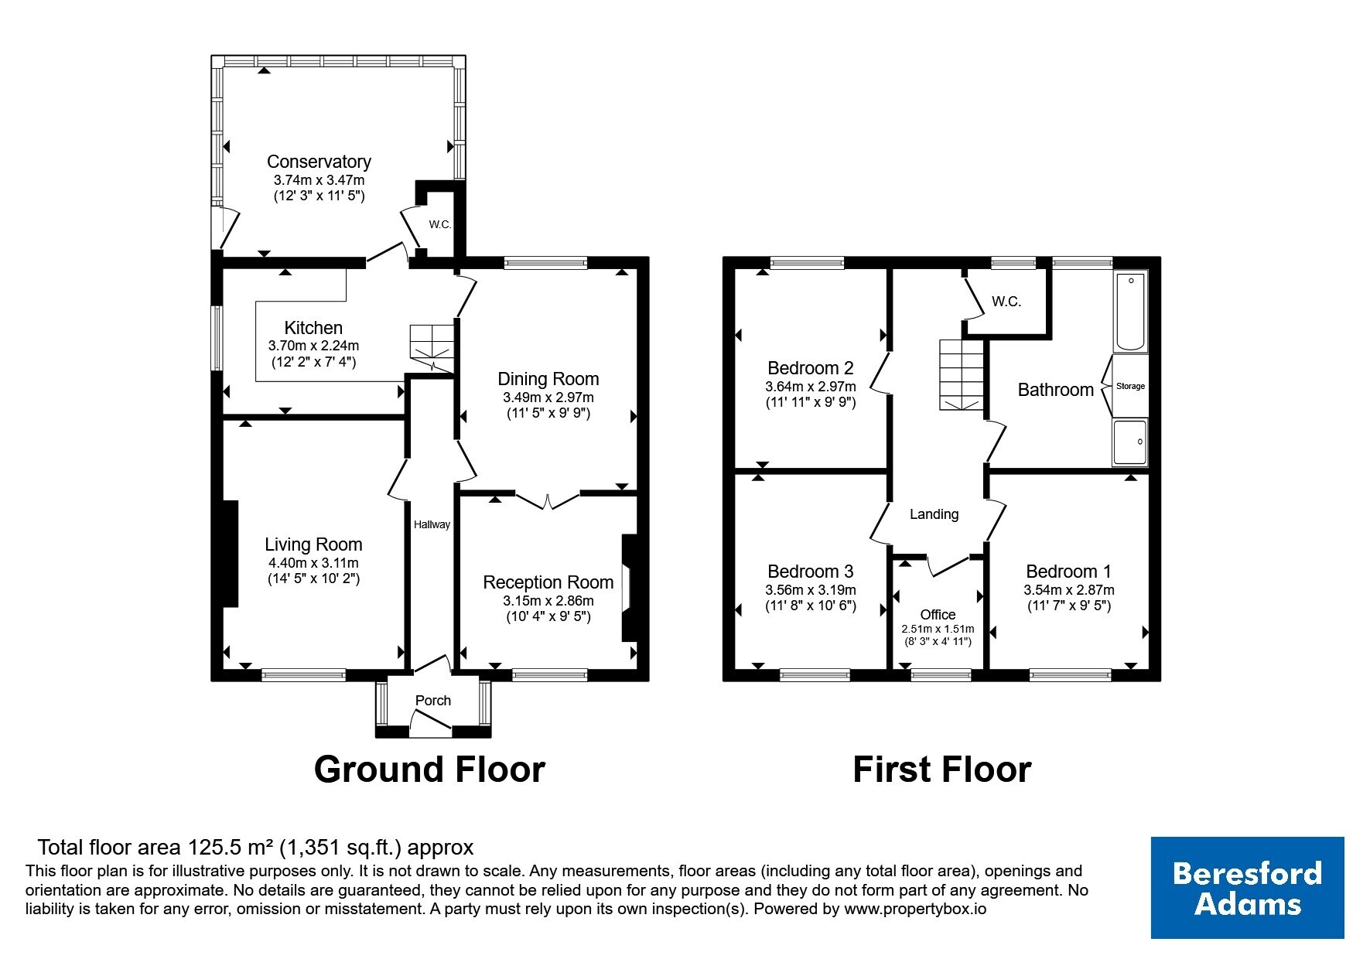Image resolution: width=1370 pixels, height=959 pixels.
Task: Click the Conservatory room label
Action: tap(319, 162)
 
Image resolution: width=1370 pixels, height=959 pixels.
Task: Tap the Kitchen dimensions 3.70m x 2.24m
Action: tap(313, 346)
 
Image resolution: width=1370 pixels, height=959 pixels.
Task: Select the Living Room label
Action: tap(313, 544)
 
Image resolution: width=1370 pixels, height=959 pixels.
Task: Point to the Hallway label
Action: tap(432, 524)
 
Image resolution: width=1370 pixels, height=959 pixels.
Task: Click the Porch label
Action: tap(433, 701)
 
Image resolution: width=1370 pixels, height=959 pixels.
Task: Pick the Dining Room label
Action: tap(548, 379)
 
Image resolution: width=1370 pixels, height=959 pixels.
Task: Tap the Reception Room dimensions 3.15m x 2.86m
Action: tap(548, 601)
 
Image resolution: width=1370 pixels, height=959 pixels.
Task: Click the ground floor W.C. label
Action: tap(440, 225)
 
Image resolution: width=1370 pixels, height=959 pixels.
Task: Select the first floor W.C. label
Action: tap(1006, 302)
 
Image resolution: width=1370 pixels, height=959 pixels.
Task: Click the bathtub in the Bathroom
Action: tap(1130, 311)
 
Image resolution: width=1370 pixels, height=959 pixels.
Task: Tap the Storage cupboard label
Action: tap(1130, 386)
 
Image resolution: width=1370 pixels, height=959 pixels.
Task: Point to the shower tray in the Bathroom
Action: tap(1130, 442)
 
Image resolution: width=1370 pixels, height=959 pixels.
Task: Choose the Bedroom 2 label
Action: tap(810, 368)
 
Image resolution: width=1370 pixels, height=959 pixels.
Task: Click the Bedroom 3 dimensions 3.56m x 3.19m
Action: tap(810, 590)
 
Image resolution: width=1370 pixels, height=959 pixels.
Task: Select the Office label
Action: tap(938, 615)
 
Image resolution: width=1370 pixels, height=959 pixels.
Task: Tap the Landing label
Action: tap(934, 514)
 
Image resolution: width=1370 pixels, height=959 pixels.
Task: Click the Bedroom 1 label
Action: tap(1068, 572)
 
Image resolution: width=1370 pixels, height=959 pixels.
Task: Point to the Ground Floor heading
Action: tap(429, 770)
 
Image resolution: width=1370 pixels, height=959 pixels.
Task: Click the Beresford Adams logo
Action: tap(1247, 888)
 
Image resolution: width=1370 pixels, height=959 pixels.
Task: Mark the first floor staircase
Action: tap(962, 375)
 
